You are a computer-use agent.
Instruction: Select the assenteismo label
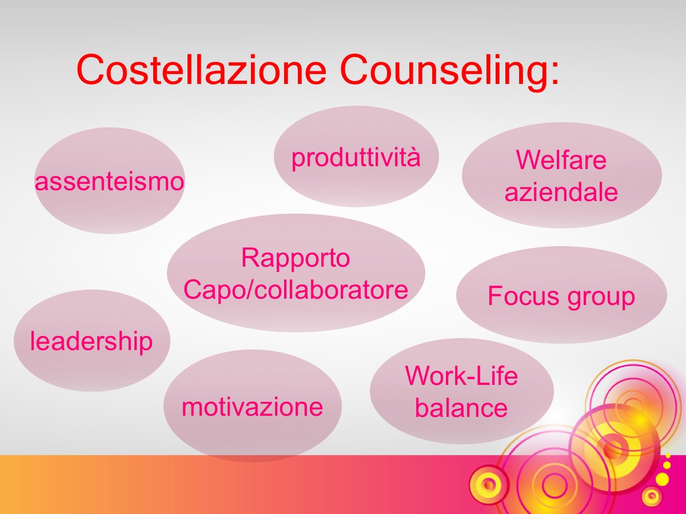[109, 182]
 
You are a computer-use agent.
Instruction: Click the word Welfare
[561, 160]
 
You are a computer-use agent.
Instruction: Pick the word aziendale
[561, 192]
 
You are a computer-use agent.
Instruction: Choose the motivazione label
[252, 407]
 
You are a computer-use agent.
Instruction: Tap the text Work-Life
[461, 375]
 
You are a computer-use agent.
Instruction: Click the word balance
[461, 408]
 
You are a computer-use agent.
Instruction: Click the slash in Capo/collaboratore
[250, 290]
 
